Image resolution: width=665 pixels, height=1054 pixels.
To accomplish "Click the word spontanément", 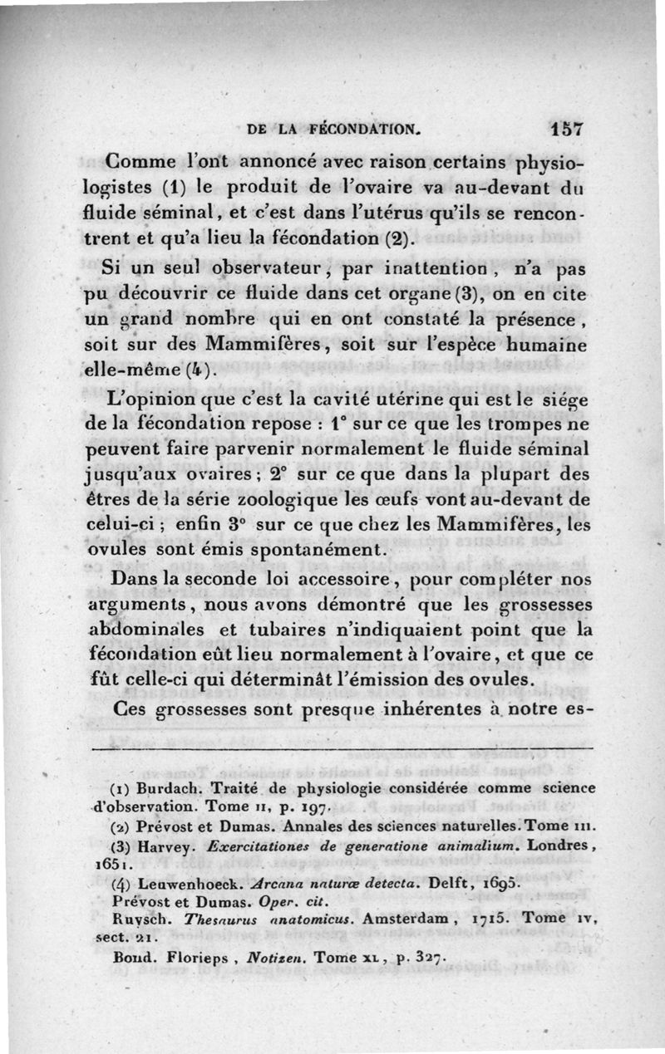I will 318,551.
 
